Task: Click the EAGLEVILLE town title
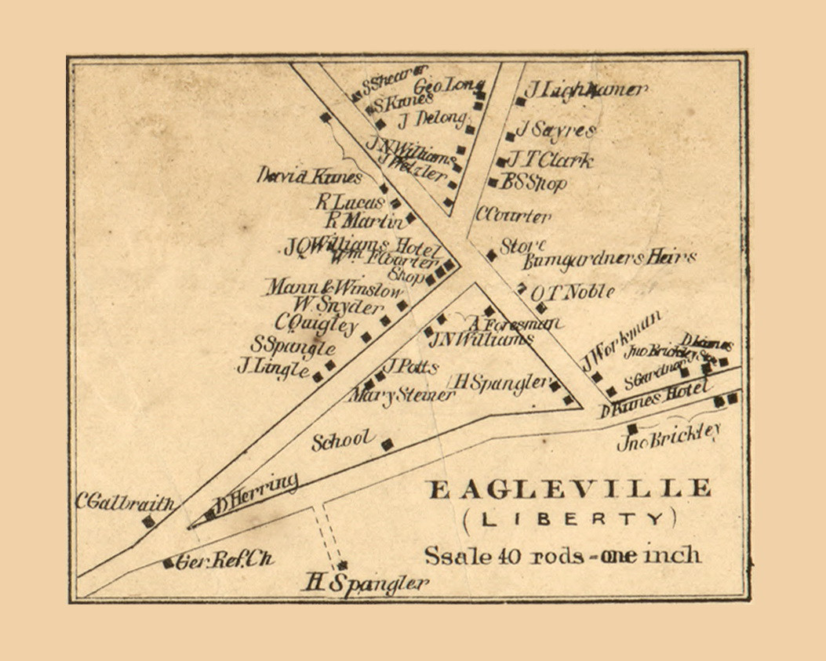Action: pyautogui.click(x=569, y=489)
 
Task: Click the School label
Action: pyautogui.click(x=343, y=441)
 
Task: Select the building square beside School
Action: pyautogui.click(x=387, y=445)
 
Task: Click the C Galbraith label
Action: pyautogui.click(x=123, y=502)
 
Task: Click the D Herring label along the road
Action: pyautogui.click(x=258, y=493)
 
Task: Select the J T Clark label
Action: pyautogui.click(x=551, y=161)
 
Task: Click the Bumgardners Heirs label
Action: pyautogui.click(x=609, y=258)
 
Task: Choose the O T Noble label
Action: pyautogui.click(x=572, y=292)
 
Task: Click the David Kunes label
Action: pyautogui.click(x=309, y=176)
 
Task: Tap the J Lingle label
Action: pyautogui.click(x=274, y=367)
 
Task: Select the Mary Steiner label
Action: pyautogui.click(x=403, y=395)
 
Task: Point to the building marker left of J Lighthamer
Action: pyautogui.click(x=520, y=101)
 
